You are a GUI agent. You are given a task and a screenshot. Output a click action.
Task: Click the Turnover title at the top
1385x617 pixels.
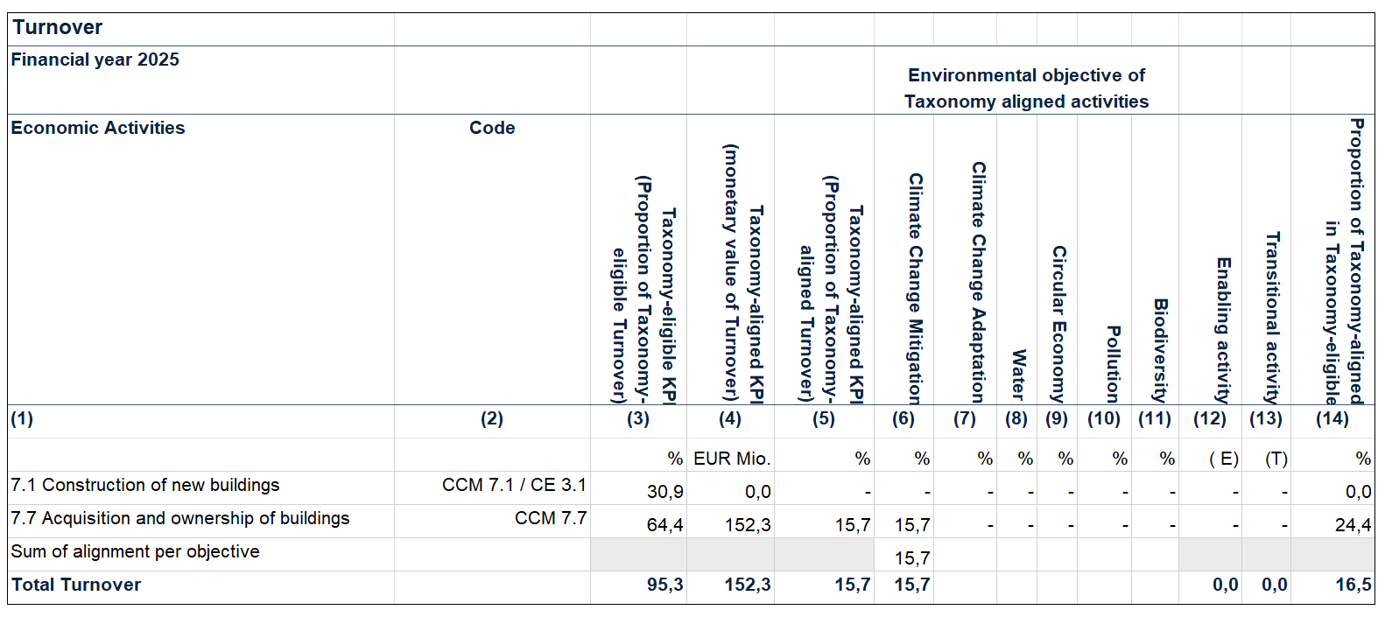[58, 28]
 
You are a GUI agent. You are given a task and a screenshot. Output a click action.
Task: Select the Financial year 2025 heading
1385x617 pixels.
[95, 60]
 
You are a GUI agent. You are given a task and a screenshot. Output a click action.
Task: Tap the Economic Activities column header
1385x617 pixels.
[98, 128]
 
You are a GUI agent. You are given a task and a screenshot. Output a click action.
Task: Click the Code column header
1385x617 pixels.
[492, 128]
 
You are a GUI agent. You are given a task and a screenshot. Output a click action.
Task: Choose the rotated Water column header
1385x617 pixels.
[1018, 375]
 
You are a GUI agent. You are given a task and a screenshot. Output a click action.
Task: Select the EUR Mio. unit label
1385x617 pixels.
[732, 459]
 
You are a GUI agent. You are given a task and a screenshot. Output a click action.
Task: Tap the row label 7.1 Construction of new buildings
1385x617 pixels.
[145, 485]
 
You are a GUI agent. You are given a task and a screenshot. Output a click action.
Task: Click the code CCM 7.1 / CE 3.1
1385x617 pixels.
[514, 485]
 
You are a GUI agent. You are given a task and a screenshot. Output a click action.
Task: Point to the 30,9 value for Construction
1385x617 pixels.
[665, 492]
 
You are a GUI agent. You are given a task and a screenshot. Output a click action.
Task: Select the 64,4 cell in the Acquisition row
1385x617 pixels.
[665, 525]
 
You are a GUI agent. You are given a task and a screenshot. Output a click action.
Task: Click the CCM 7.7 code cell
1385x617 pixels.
[551, 518]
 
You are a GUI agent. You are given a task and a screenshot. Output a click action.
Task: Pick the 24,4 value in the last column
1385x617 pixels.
[1353, 525]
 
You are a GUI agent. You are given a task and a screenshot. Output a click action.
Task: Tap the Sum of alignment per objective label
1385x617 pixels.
[136, 551]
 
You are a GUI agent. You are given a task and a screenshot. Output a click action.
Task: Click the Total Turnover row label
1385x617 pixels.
[76, 585]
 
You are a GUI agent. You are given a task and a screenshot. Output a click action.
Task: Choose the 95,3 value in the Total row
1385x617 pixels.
[665, 585]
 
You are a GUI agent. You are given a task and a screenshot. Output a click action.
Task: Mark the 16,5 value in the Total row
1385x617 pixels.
[1353, 585]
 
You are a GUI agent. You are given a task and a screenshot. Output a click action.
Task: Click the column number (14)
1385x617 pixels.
[1332, 418]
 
